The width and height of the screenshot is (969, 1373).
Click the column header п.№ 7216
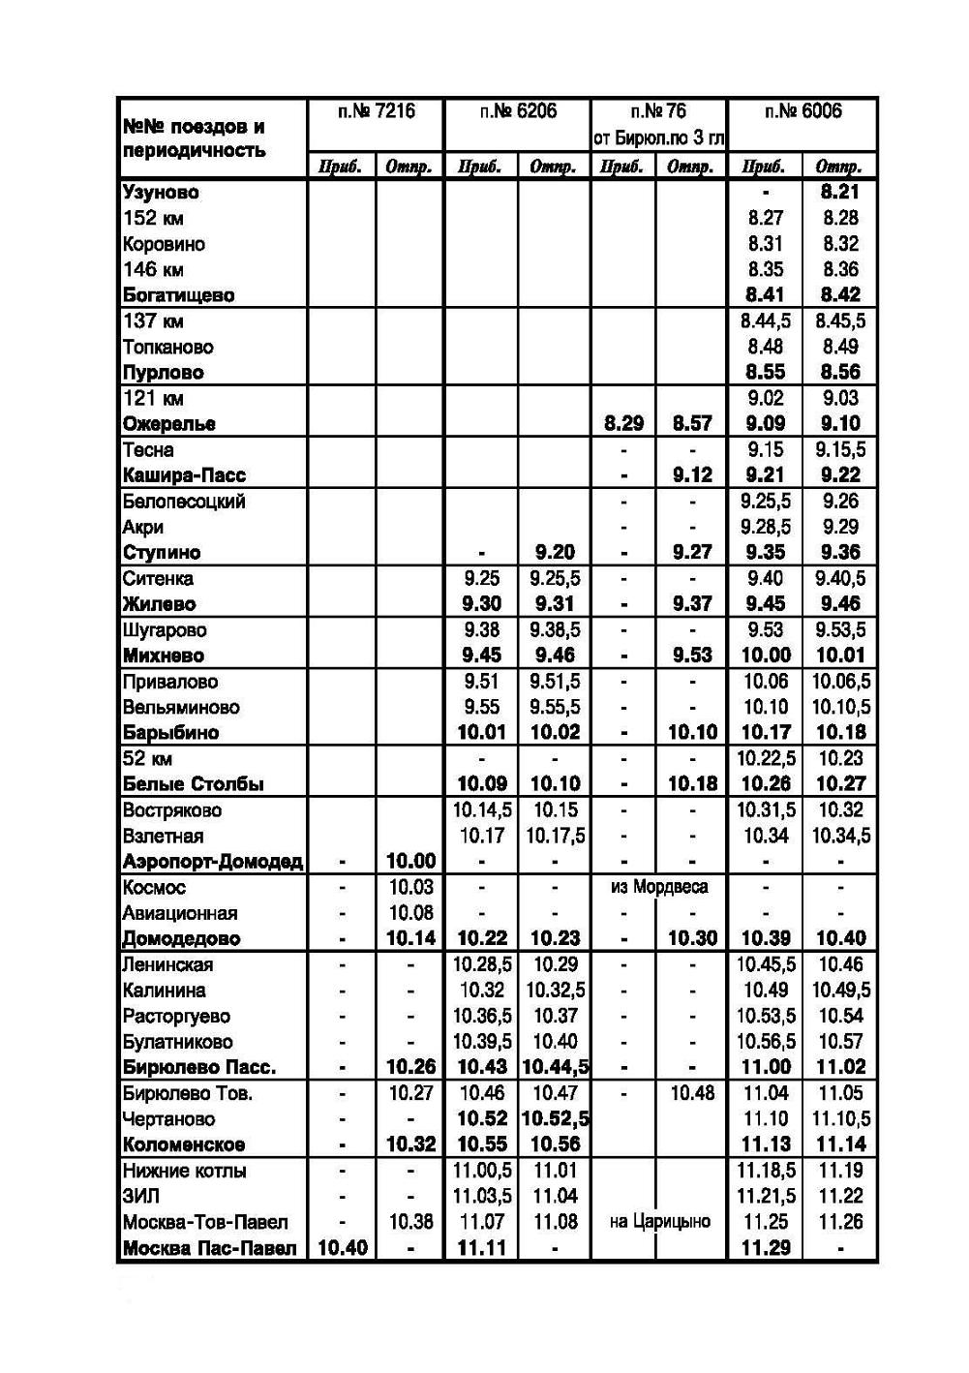376,112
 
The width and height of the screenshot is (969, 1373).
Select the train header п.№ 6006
802,112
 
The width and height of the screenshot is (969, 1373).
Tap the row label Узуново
161,193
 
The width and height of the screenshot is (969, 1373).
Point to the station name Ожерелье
169,424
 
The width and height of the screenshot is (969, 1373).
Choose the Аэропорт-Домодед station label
213,862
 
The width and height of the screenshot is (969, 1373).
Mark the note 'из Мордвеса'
659,887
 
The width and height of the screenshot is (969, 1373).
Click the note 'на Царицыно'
659,1222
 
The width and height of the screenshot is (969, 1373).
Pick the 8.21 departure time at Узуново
840,193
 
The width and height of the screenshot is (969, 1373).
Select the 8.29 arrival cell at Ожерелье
623,424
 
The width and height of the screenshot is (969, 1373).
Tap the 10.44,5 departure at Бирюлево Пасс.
556,1067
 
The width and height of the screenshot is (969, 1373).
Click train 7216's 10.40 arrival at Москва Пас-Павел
342,1248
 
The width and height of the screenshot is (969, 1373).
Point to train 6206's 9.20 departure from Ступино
555,553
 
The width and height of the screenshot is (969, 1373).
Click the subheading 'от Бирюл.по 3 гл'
659,138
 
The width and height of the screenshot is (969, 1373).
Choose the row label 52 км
147,758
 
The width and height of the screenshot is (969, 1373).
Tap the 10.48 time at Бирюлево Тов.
692,1093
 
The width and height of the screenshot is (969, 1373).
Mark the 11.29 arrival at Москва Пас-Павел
765,1248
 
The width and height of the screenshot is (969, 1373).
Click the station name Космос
154,887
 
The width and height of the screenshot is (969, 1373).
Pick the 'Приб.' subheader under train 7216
342,167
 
